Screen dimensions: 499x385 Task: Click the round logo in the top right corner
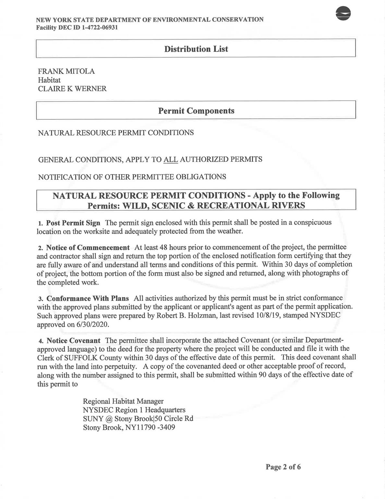point(343,14)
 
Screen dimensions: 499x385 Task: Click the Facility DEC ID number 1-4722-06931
point(97,27)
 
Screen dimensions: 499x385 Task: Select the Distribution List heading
point(196,49)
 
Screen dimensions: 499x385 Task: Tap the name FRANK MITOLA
point(66,71)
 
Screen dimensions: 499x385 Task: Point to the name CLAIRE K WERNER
point(72,89)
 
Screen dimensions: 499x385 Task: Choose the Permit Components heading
point(196,111)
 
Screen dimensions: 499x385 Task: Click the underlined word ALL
point(171,160)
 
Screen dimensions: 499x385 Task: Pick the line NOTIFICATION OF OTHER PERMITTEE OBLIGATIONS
point(132,177)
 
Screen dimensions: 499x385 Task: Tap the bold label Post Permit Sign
point(73,223)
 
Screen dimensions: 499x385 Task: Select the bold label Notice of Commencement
point(88,248)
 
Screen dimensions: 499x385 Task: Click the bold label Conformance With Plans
point(88,298)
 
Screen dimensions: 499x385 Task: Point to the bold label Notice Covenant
point(73,340)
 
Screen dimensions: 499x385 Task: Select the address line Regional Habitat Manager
point(123,401)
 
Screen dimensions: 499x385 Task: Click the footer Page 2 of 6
point(283,467)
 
